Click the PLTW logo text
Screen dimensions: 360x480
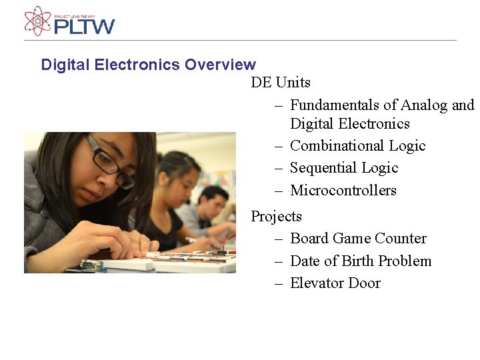85,26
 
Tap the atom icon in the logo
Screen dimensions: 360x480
37,21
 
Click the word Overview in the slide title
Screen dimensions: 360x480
220,65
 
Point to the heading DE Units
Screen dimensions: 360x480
281,83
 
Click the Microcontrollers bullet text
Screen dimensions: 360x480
343,191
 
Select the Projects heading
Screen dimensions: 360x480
276,217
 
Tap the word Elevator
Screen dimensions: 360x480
317,283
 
